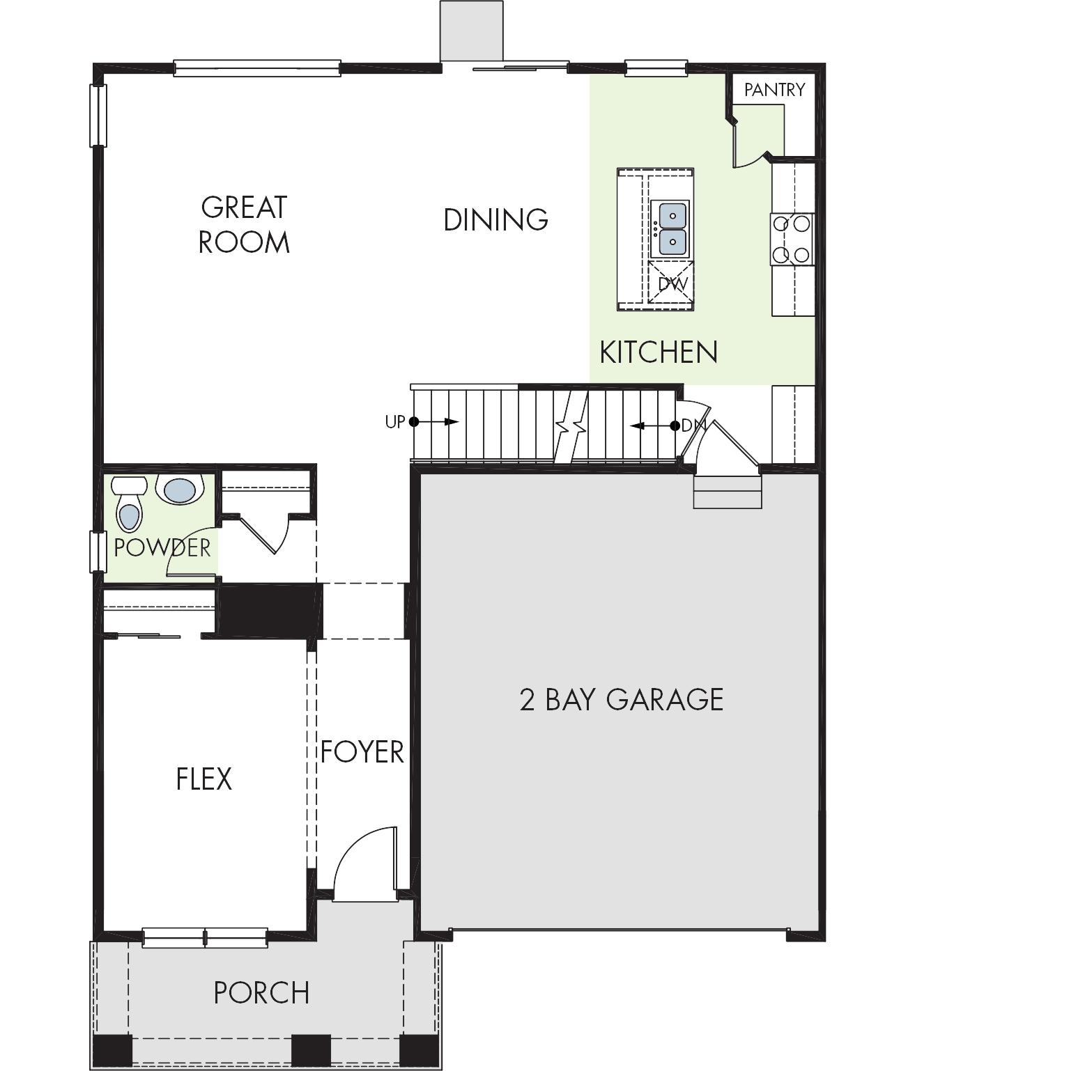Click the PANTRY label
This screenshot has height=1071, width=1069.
(x=774, y=89)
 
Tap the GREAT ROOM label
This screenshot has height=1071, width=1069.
(x=244, y=224)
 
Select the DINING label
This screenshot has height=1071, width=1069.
(x=496, y=219)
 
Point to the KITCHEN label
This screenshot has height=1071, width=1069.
(x=659, y=352)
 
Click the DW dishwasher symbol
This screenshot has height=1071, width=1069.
(x=672, y=283)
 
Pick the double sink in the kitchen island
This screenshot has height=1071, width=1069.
(x=670, y=229)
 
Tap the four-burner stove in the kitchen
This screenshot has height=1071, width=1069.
(x=792, y=239)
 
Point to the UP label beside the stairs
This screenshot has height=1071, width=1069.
(x=394, y=422)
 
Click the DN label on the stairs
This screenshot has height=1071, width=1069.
(x=693, y=425)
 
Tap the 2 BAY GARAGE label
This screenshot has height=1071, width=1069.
(x=622, y=699)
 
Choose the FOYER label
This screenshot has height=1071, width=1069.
(x=362, y=752)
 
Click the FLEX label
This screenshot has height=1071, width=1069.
(x=204, y=779)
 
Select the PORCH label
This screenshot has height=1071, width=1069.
(x=262, y=993)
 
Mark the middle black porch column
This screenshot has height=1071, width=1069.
(x=311, y=1052)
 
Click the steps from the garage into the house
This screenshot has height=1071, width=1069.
(x=728, y=492)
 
